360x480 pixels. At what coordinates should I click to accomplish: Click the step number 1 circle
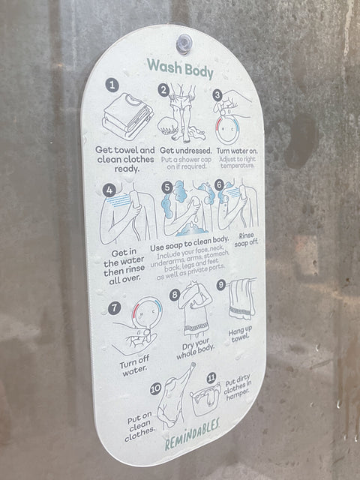click(x=112, y=85)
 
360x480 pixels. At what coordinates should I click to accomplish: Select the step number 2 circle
click(x=163, y=90)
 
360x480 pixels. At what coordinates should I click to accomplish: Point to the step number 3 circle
click(x=217, y=96)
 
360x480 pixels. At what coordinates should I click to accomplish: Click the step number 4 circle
click(x=109, y=190)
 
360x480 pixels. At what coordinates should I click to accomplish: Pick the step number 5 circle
click(x=167, y=187)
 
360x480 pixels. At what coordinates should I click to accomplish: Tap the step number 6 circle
click(x=219, y=184)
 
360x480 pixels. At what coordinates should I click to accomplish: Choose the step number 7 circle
click(x=115, y=308)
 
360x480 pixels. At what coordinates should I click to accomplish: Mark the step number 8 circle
click(x=175, y=295)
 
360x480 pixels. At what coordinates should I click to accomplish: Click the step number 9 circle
click(x=221, y=285)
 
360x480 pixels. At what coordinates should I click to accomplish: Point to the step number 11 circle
click(x=211, y=377)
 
